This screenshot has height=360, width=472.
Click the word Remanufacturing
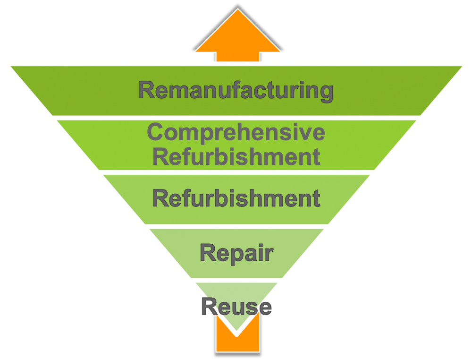(x=236, y=90)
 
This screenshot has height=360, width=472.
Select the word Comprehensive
(x=236, y=132)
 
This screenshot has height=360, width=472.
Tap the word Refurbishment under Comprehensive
(x=236, y=156)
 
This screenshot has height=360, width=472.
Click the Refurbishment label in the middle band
(x=236, y=198)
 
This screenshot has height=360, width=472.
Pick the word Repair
(x=236, y=254)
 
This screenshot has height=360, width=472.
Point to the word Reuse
(x=236, y=307)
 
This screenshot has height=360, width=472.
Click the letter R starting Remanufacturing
(x=147, y=90)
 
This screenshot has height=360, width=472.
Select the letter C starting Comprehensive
(x=155, y=132)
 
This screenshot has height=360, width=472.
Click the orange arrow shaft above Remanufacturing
(x=237, y=57)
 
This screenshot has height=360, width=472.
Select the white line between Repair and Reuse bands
(x=236, y=280)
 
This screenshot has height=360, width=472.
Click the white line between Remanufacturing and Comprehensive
(x=236, y=118)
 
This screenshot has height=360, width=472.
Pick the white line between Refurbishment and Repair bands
(x=236, y=226)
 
